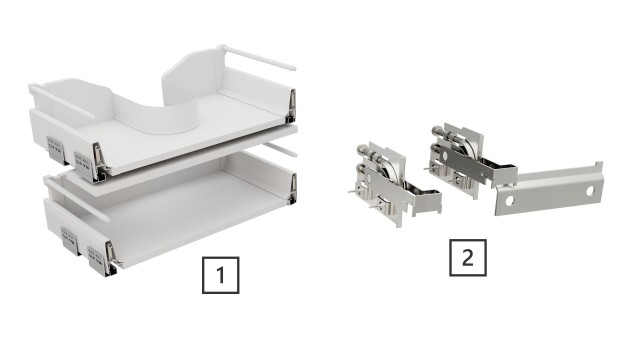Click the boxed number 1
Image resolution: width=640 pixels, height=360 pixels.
pyautogui.click(x=221, y=273)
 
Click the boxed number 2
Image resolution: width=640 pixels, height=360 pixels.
pyautogui.click(x=467, y=258)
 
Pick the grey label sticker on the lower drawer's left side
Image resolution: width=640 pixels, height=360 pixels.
pyautogui.click(x=69, y=237)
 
